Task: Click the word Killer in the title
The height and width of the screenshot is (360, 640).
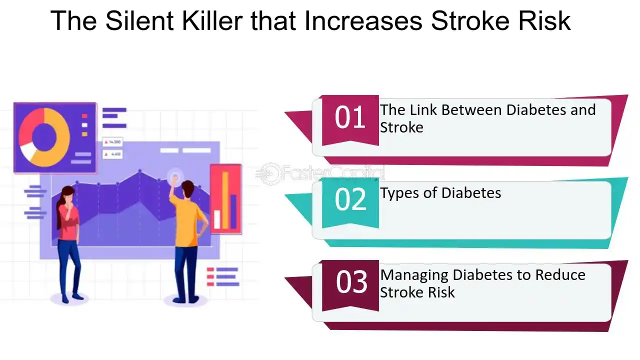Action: [x=212, y=20]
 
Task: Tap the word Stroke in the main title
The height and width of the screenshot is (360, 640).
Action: [x=470, y=20]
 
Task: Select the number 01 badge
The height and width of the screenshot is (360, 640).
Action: [x=350, y=120]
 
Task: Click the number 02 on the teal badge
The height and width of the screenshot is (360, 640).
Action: [x=350, y=199]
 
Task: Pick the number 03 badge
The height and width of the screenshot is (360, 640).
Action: [x=350, y=285]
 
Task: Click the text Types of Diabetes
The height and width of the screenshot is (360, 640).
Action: [x=440, y=193]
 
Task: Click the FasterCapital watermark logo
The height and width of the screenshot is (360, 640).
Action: [x=320, y=173]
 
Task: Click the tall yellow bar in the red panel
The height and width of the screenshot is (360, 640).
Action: [x=225, y=200]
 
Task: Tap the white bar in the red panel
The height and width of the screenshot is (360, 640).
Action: [x=217, y=219]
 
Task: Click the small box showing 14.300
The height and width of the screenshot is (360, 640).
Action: [x=112, y=141]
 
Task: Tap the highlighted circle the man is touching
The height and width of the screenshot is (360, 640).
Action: [x=175, y=177]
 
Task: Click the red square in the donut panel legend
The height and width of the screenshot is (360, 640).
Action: [x=84, y=116]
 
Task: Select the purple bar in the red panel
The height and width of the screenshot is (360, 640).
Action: [x=233, y=211]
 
